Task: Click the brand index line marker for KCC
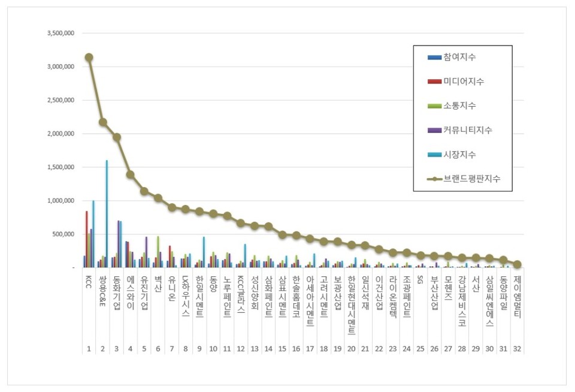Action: point(89,58)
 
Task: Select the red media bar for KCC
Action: point(86,239)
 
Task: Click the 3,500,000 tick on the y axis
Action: point(60,34)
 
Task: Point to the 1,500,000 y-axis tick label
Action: point(60,167)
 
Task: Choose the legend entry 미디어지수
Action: point(464,82)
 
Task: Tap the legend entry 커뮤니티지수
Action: point(467,130)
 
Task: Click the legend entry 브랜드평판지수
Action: point(471,179)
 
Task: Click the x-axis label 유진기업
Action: point(144,293)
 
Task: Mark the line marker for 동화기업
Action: point(117,137)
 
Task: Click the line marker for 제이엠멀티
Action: point(517,264)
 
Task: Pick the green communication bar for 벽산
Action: point(158,252)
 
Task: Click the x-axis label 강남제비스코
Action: point(462,300)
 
